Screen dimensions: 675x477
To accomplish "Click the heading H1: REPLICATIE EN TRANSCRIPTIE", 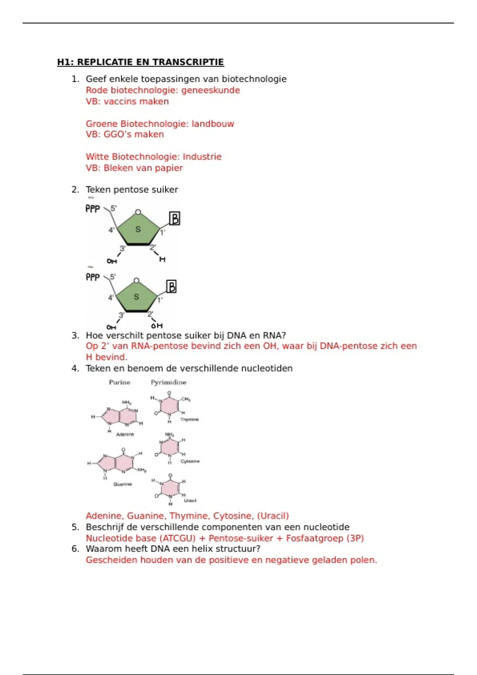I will [140, 62].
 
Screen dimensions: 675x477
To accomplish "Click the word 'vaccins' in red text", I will [118, 101].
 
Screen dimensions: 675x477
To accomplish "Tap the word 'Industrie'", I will [202, 156].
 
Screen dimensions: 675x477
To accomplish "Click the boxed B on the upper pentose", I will [175, 218].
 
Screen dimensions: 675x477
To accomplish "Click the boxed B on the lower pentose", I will [171, 286].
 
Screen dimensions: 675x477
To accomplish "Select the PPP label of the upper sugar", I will [93, 208].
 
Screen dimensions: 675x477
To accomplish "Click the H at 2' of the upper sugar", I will [162, 259].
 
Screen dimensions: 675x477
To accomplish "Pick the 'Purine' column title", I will [120, 382].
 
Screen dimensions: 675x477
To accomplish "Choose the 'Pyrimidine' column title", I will [169, 382].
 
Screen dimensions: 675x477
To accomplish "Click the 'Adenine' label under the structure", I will [125, 434].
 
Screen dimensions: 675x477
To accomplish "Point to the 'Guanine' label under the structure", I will [122, 484].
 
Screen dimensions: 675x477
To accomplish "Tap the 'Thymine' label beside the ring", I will [189, 419].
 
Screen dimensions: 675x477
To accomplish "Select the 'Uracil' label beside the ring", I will [190, 500].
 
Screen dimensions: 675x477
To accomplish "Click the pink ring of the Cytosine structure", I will [170, 447].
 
